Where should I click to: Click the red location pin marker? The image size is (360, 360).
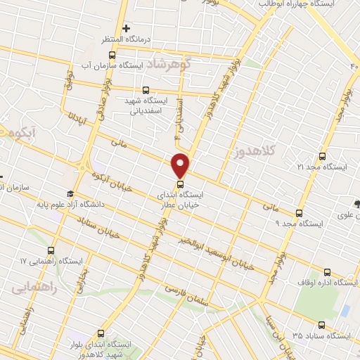[181, 165]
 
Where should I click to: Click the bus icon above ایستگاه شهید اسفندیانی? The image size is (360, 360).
[146, 90]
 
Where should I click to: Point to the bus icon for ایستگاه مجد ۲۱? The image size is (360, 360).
[323, 156]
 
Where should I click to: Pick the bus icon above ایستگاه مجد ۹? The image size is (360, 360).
[299, 212]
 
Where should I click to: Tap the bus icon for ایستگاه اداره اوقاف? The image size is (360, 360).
[326, 272]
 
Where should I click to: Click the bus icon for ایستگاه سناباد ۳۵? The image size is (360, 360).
[321, 325]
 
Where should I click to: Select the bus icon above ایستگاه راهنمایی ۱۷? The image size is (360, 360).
[51, 250]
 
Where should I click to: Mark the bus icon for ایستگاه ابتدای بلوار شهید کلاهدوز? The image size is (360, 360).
[101, 334]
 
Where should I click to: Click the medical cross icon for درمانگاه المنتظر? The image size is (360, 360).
[126, 29]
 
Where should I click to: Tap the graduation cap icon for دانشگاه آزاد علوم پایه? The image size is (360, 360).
[70, 193]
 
